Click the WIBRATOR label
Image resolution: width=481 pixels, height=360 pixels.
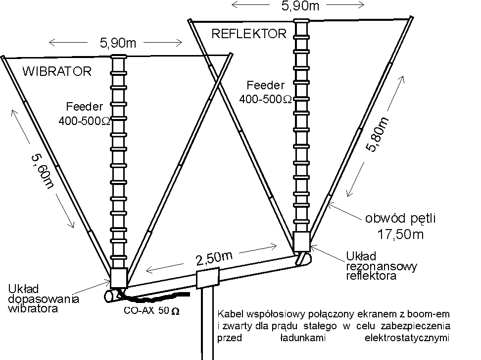[57, 71]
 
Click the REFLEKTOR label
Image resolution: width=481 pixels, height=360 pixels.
[249, 34]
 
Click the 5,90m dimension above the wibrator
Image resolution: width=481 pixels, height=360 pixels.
[118, 43]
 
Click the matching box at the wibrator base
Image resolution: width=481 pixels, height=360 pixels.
[119, 278]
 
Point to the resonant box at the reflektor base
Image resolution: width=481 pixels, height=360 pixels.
[301, 241]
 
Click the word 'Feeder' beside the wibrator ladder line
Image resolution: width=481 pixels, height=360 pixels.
[85, 106]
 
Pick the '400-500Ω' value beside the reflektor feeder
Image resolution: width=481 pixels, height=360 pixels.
[266, 99]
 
